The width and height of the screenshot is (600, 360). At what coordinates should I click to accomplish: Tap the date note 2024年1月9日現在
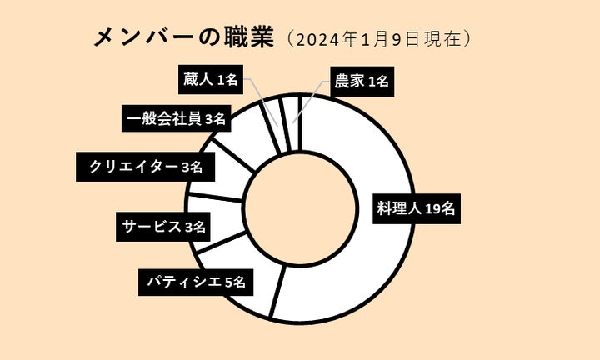tap(380, 39)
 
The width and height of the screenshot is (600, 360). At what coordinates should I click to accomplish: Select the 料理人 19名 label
tap(414, 209)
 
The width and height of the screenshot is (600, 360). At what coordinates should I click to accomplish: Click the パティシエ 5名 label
tap(196, 282)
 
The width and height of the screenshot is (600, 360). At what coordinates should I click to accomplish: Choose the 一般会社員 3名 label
tap(174, 118)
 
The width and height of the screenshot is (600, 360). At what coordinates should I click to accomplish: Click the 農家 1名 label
tap(360, 81)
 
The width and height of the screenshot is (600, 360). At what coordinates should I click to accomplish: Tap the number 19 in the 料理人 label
tap(432, 209)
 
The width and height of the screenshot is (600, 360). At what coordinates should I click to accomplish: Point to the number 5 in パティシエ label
tap(227, 282)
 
